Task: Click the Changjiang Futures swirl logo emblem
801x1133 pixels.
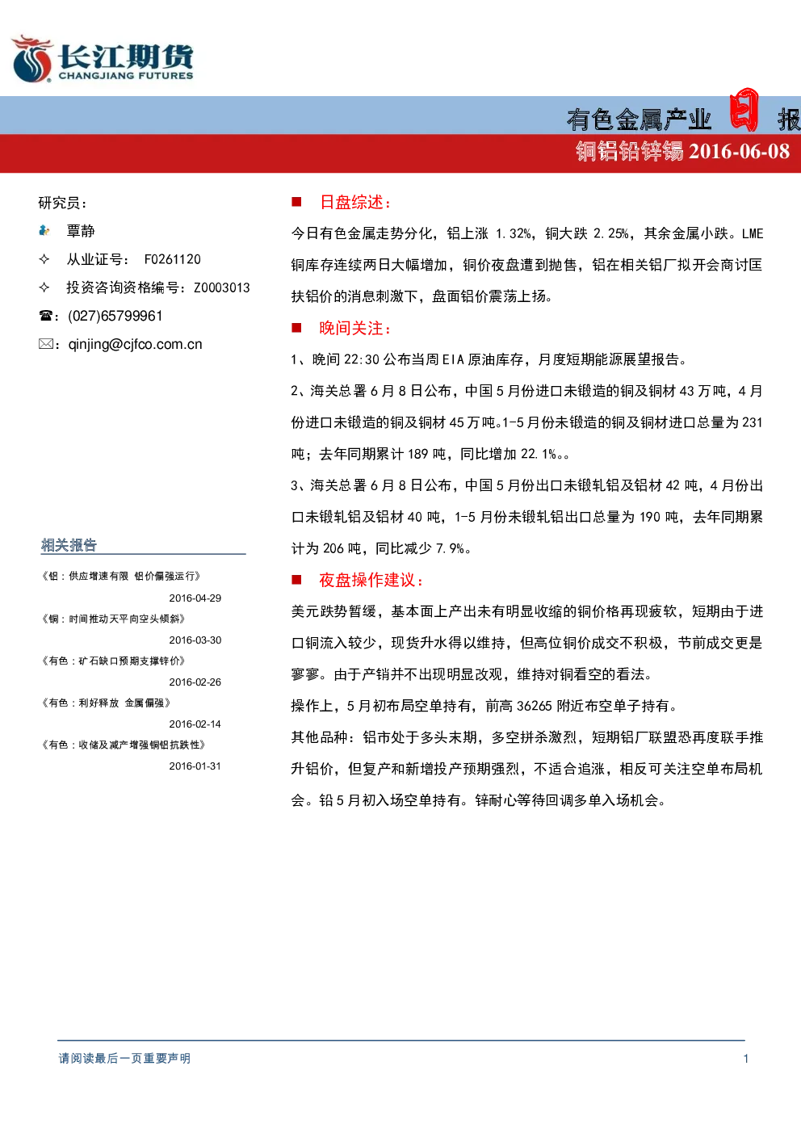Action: [32, 59]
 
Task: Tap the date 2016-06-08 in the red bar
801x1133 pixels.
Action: [739, 151]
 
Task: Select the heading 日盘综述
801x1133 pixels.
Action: [355, 203]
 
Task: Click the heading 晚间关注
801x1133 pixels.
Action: [355, 328]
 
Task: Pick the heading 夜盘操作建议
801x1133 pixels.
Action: [371, 580]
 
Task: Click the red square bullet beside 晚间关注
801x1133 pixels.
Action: [296, 328]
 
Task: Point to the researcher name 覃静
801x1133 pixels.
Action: [81, 231]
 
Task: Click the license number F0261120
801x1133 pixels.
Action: [173, 259]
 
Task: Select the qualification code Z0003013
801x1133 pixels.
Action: [222, 287]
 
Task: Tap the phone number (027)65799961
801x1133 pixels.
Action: [115, 316]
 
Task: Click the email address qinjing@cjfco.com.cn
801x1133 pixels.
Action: [135, 345]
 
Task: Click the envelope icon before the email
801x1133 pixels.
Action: [46, 344]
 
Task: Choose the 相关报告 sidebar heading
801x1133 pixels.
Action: [69, 545]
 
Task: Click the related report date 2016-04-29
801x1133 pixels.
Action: [195, 598]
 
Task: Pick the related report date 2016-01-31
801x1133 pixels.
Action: [195, 766]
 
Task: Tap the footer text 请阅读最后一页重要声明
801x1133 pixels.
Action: [124, 1058]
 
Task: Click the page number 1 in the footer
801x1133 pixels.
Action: [746, 1059]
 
